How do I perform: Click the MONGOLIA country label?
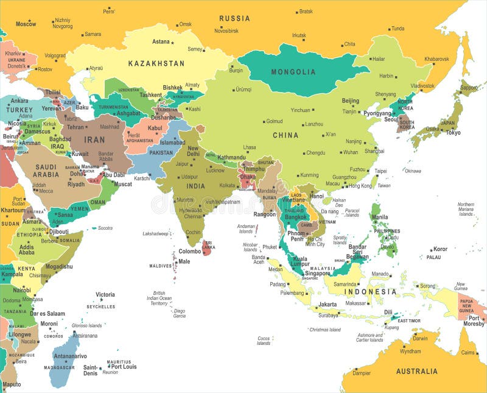click(294, 71)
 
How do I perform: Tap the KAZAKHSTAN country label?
click(156, 63)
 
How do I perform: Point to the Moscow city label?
click(26, 24)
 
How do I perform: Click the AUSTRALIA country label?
click(417, 371)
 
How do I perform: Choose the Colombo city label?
click(190, 250)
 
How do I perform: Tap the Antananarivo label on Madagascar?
click(70, 356)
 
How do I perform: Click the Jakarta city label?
click(328, 304)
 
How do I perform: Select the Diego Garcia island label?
click(180, 313)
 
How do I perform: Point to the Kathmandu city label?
click(231, 157)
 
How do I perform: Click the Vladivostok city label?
click(422, 86)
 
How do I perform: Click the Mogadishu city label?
click(58, 266)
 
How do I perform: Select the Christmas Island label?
click(325, 330)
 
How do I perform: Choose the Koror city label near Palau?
click(440, 249)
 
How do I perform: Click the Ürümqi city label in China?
click(243, 90)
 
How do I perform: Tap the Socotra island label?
click(105, 228)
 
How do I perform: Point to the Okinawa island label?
click(413, 171)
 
